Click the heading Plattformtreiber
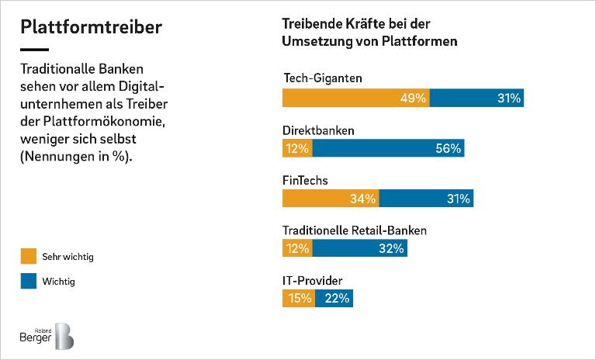tap(91, 27)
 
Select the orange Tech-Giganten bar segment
tap(355, 99)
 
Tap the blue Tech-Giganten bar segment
tap(476, 99)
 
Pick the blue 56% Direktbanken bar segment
tap(389, 148)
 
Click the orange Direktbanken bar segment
tap(297, 148)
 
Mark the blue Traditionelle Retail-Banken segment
tap(360, 248)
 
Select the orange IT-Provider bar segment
tap(299, 298)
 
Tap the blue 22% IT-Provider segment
tap(334, 298)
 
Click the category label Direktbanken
tap(317, 130)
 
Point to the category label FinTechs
tap(305, 181)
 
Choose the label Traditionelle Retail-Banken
tap(354, 230)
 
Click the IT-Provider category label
tap(312, 280)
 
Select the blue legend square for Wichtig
tap(29, 282)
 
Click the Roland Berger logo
tap(47, 335)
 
